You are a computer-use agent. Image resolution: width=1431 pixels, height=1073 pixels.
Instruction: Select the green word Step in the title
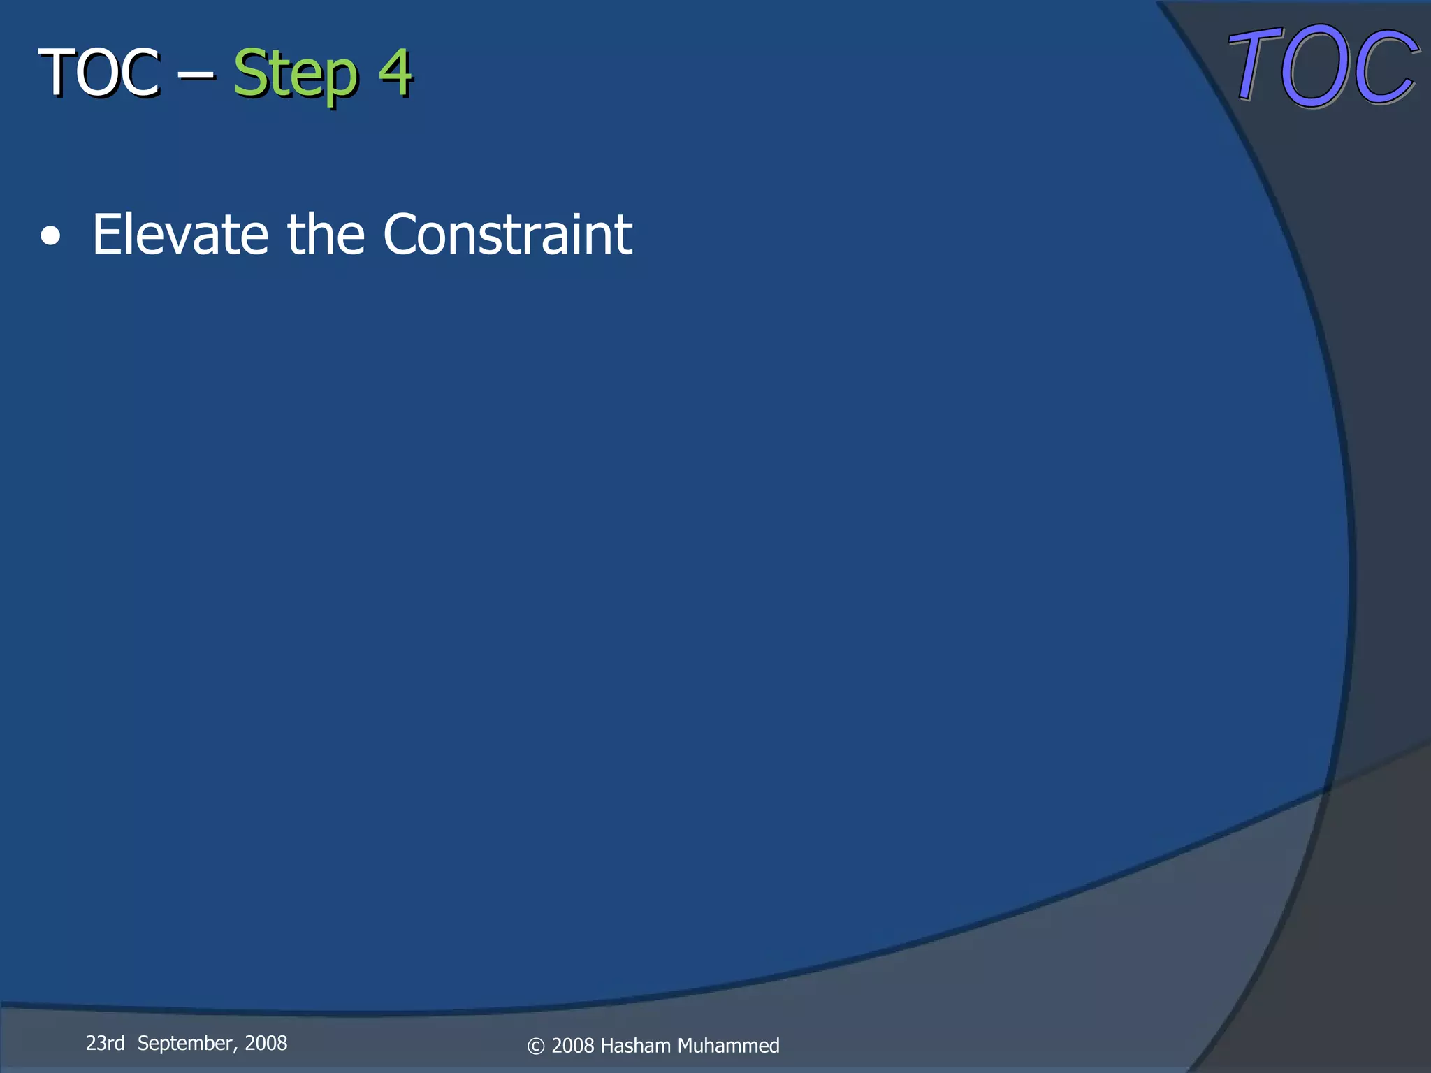point(295,74)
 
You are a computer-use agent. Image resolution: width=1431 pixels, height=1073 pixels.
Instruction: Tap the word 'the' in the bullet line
point(326,235)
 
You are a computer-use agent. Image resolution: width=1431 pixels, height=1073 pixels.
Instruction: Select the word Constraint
point(507,235)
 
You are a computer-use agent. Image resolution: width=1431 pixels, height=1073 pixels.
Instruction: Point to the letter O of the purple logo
point(1315,67)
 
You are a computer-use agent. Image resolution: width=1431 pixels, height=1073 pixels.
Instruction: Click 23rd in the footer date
point(105,1043)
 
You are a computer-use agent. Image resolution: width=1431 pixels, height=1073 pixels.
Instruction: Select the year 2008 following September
point(266,1043)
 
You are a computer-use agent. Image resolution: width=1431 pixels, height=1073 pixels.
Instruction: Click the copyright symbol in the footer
point(536,1046)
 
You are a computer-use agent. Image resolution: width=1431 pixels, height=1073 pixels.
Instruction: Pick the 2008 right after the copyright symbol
point(573,1046)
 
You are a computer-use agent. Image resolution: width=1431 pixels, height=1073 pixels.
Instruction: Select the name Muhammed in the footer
point(728,1046)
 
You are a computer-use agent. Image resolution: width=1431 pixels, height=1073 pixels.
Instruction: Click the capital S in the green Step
point(249,73)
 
